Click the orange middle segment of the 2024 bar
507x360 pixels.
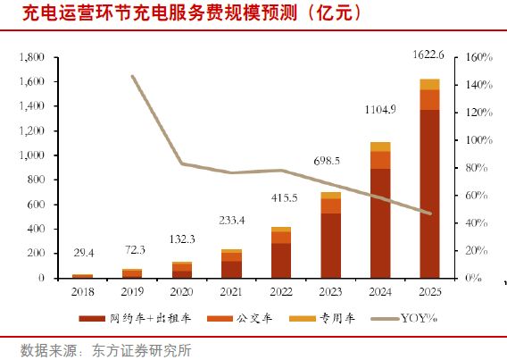point(380,160)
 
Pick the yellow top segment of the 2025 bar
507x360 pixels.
point(429,84)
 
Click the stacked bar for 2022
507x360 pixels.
point(281,253)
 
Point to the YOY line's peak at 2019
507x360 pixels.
point(132,77)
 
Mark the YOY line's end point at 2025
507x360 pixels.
point(429,213)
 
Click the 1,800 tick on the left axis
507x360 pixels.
point(31,57)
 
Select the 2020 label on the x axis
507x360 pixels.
point(182,290)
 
